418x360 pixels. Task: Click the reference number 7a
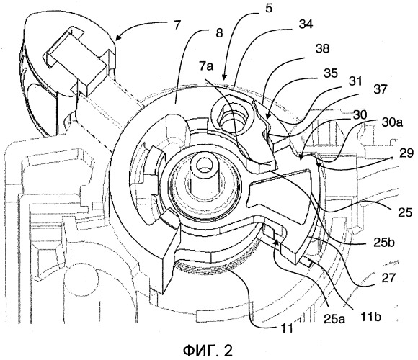coord(206,66)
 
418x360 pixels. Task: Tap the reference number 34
coord(306,24)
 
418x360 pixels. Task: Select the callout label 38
coord(322,49)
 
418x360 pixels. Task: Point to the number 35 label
coord(331,73)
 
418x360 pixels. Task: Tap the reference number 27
coord(388,278)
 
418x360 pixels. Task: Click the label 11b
coord(371,317)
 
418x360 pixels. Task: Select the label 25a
coord(334,318)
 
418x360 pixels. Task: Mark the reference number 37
coord(379,89)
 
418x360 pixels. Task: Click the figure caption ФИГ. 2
coord(208,351)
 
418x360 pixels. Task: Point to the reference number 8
coord(219,33)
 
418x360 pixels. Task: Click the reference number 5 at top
coord(270,8)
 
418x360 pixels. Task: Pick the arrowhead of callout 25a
coord(277,242)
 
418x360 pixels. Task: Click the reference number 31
coord(355,81)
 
